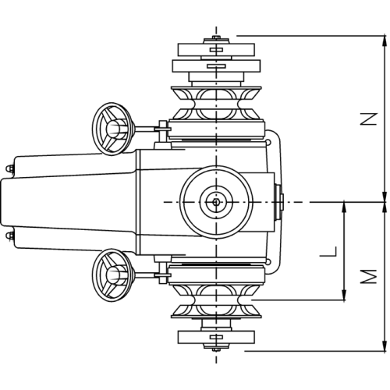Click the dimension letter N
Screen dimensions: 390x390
click(368, 119)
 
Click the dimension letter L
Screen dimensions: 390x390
click(328, 251)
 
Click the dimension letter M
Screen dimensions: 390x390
click(368, 276)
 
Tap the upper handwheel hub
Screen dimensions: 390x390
click(114, 129)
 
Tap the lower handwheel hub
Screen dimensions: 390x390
click(114, 275)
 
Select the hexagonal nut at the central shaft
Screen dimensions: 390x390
click(216, 202)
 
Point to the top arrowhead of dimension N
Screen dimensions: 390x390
click(384, 40)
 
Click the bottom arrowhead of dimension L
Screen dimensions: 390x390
click(344, 295)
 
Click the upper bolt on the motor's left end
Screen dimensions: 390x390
click(9, 168)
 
